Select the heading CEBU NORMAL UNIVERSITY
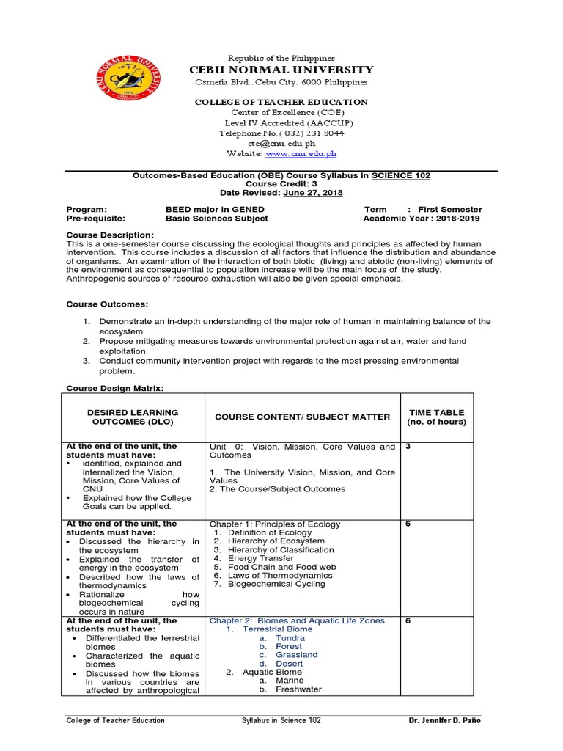[x=281, y=70]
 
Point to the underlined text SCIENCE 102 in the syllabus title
[x=401, y=176]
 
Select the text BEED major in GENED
[x=215, y=210]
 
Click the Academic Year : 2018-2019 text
[x=422, y=219]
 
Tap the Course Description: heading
[x=110, y=235]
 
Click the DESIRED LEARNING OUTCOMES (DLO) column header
[x=133, y=417]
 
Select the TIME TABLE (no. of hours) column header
[x=436, y=417]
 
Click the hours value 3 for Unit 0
[x=408, y=447]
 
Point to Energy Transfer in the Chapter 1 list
[x=260, y=558]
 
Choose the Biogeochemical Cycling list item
[x=276, y=585]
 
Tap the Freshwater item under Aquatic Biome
[x=298, y=689]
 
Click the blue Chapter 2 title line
[x=297, y=620]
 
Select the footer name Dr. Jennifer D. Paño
[x=445, y=720]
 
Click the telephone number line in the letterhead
[x=281, y=133]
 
